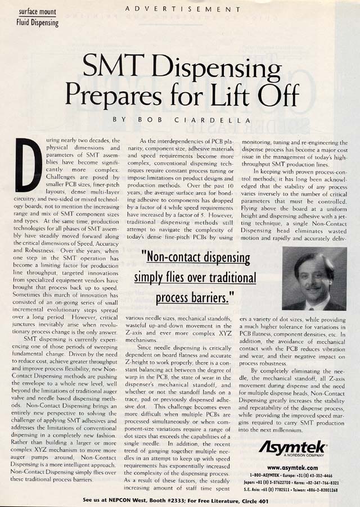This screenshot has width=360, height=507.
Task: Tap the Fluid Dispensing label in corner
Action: click(37, 23)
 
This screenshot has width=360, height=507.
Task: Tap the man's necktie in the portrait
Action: click(311, 304)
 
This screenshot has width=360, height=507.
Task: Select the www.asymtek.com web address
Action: click(292, 467)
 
